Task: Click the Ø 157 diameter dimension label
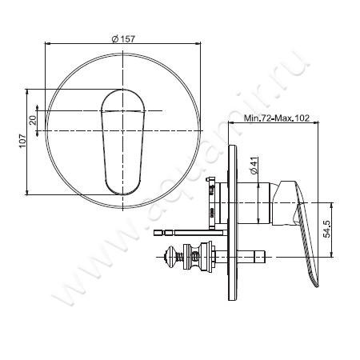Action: (x=123, y=39)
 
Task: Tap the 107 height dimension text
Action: (x=22, y=141)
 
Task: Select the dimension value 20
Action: (x=33, y=120)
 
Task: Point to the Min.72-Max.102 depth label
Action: (x=277, y=118)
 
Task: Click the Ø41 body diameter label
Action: (x=254, y=166)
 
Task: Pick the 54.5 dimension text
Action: (x=326, y=229)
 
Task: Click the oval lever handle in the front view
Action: (x=122, y=142)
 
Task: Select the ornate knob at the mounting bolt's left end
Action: (x=169, y=257)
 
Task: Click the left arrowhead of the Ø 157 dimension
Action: (x=47, y=43)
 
